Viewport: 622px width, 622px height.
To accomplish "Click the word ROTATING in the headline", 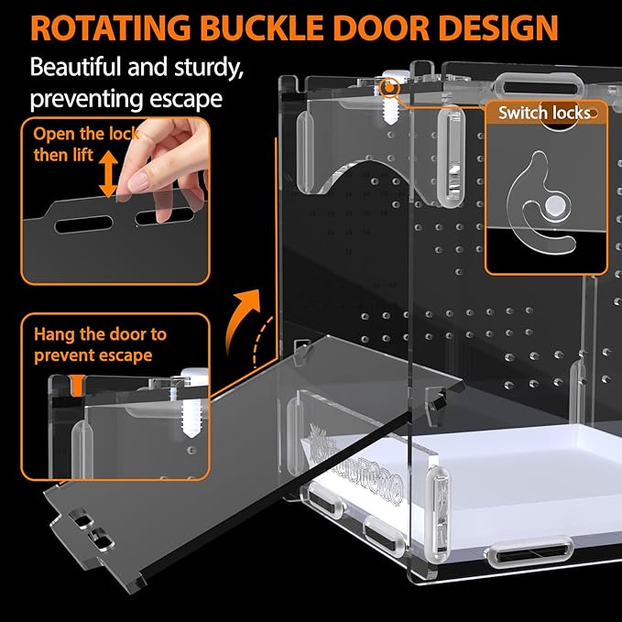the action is [111, 27].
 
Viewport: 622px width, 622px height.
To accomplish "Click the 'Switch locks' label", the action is [544, 113].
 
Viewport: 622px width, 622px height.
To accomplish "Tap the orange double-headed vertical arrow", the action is [108, 174].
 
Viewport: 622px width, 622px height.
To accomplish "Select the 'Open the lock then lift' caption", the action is [86, 145].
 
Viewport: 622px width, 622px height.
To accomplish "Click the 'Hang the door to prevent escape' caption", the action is [100, 344].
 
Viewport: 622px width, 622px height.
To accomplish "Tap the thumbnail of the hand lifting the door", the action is [115, 201].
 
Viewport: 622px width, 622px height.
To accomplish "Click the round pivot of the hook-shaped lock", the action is [554, 205].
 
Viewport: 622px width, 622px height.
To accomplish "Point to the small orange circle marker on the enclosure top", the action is [389, 87].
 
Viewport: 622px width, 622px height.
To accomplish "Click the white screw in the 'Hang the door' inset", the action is [192, 403].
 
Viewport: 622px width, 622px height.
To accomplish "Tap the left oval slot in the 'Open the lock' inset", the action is [83, 224].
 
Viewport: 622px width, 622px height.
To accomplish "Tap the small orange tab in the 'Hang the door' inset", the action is [78, 385].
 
